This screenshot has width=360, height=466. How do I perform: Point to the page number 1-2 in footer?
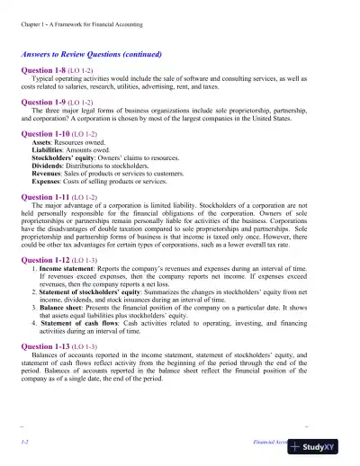coord(24,444)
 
